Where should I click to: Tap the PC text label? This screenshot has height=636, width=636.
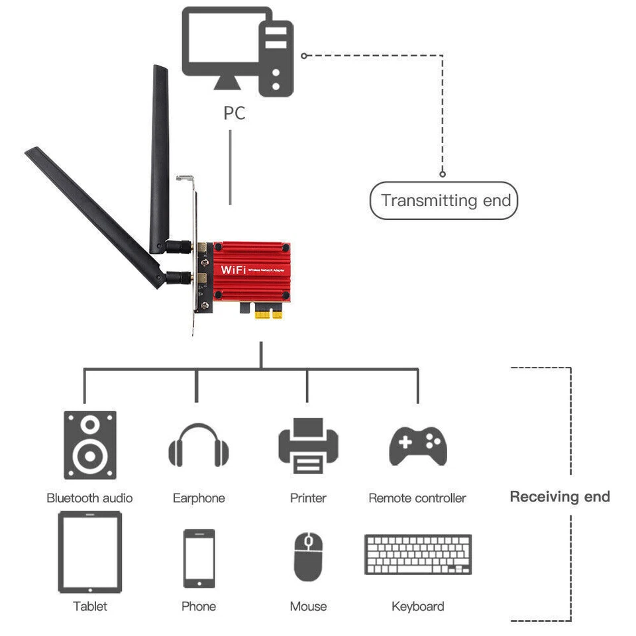point(234,113)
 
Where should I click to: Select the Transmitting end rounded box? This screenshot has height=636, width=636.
point(443,200)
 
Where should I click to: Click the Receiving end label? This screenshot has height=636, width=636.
point(560,497)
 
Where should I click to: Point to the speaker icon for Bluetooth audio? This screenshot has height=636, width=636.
point(89,445)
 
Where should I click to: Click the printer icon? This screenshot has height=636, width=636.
point(308,445)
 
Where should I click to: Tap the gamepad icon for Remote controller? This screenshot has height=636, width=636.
point(417,446)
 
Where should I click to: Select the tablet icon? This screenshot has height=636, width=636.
point(90,553)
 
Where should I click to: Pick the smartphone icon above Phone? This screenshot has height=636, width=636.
point(199,558)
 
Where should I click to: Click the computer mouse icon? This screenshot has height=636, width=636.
point(308,557)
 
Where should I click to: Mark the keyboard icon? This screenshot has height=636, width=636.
point(418,555)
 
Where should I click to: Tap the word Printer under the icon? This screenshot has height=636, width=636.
point(308,498)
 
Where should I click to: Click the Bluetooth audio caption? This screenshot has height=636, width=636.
point(89,498)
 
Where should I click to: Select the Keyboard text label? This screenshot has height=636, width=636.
point(417,606)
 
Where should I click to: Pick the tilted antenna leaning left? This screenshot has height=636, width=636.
point(93,212)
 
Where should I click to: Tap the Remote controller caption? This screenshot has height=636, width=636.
point(417,498)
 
